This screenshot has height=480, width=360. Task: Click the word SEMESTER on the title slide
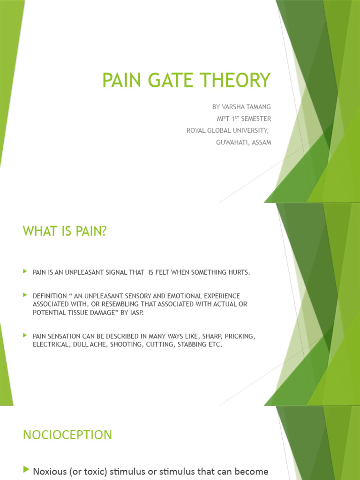point(255,119)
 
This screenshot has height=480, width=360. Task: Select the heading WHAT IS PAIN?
point(65,231)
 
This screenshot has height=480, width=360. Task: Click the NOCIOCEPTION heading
point(67,435)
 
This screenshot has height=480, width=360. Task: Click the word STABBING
point(190,344)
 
